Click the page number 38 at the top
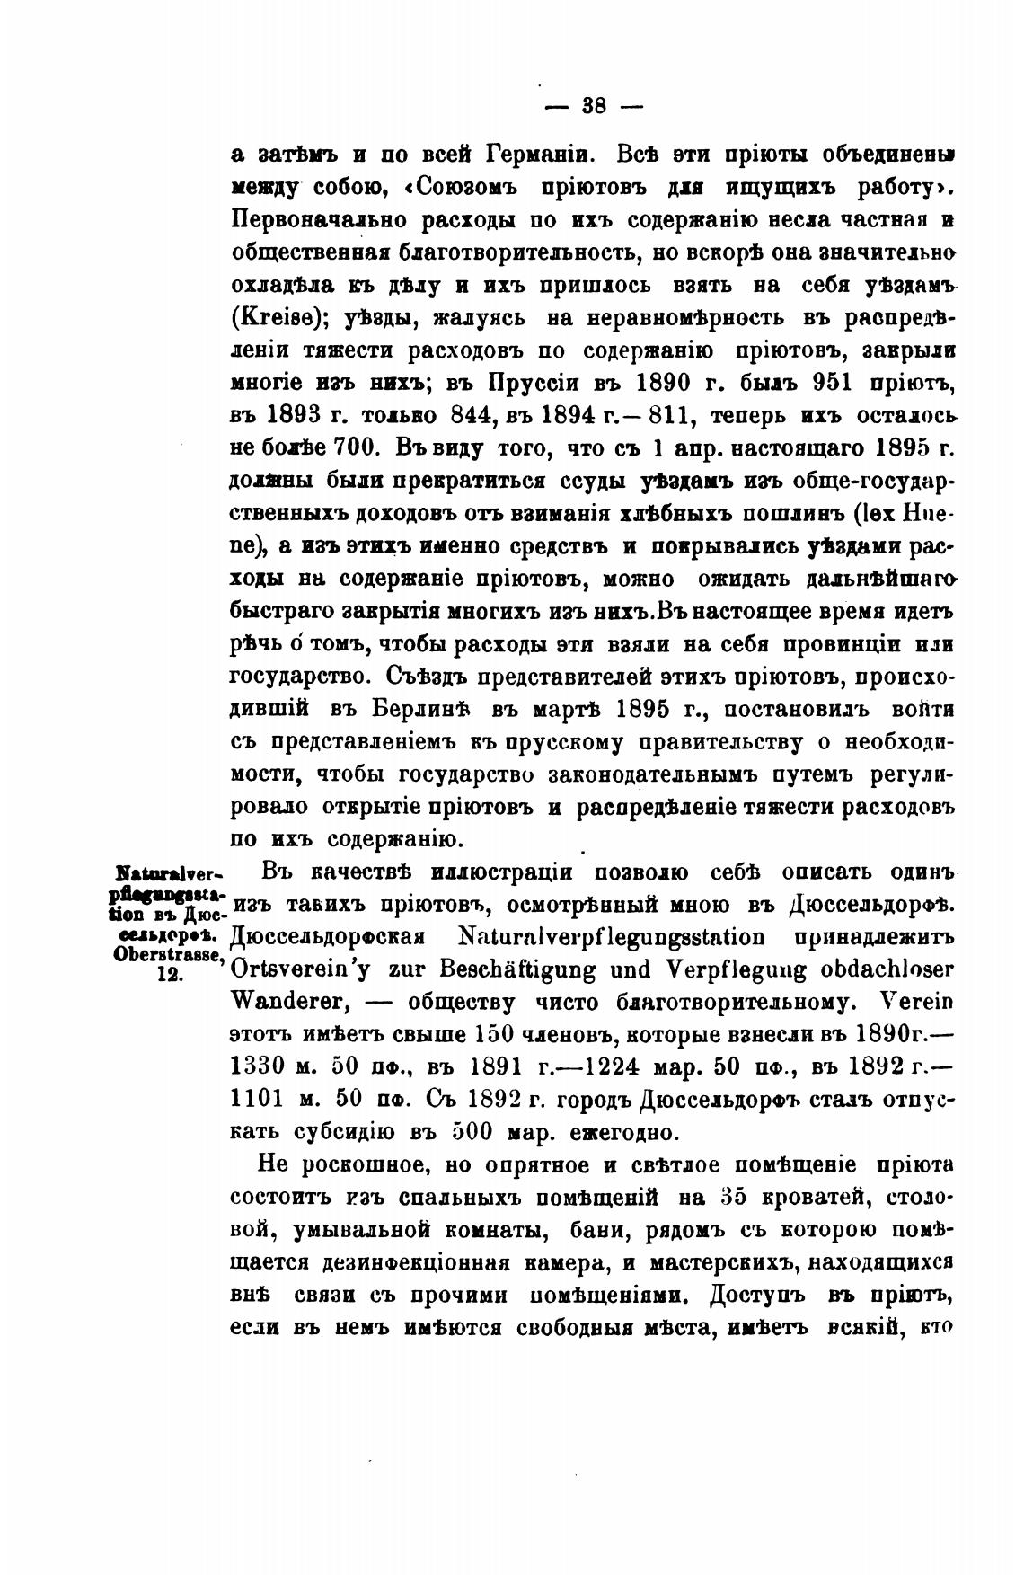pos(594,106)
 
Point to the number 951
pos(838,382)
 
